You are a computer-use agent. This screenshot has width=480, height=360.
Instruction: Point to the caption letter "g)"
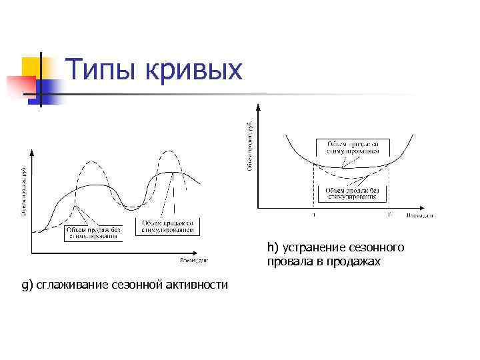pos(27,285)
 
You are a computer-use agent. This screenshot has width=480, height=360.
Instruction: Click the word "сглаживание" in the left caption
pos(71,285)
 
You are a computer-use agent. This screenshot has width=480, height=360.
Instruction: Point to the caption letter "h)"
pos(273,248)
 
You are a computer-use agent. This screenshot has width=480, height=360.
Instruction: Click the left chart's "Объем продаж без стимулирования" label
pos(94,232)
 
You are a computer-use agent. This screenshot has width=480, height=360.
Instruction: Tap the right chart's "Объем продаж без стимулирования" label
pos(351,193)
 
